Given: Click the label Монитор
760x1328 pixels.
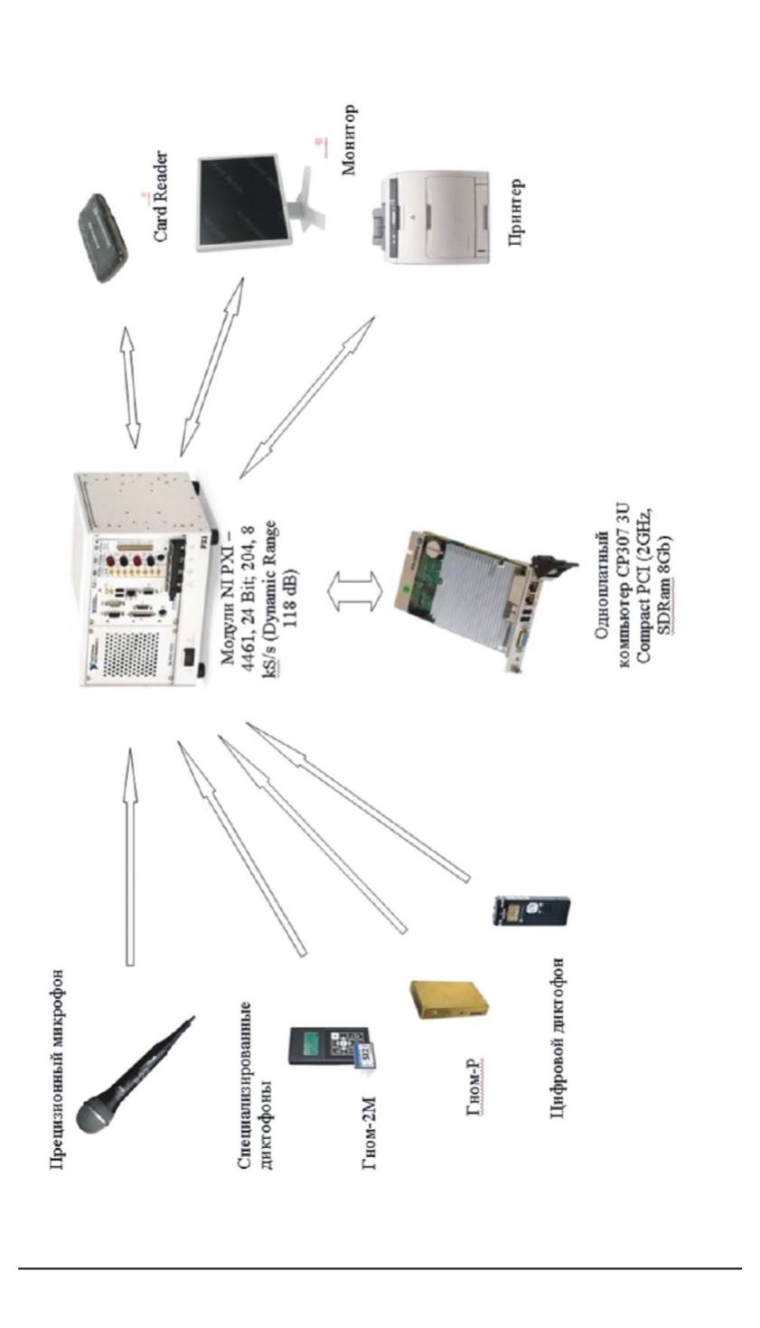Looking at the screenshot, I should point(349,141).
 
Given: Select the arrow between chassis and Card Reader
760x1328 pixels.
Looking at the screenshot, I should point(131,385).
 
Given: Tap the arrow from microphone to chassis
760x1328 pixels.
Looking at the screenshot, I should point(129,855).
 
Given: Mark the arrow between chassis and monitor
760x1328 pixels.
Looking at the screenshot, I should point(211,366).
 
